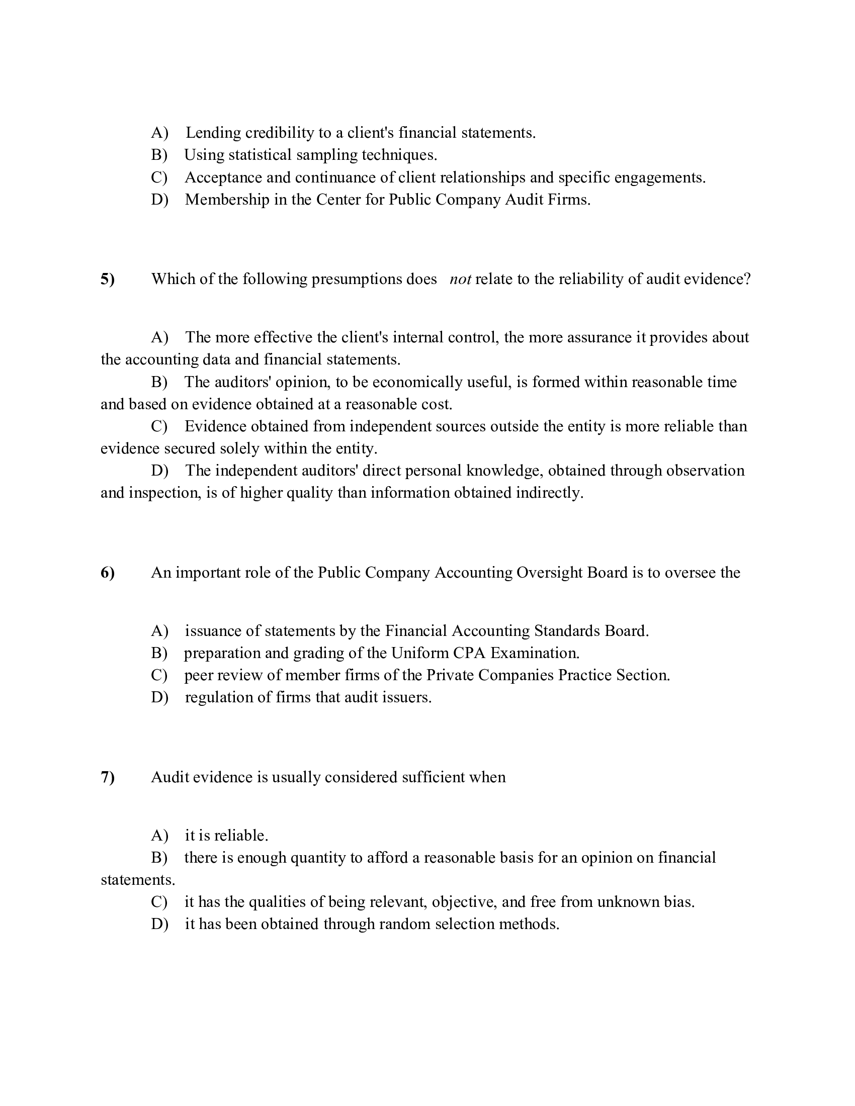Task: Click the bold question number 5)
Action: click(108, 279)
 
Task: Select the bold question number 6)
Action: click(108, 573)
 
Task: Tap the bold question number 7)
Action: click(108, 777)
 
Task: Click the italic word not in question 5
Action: click(460, 279)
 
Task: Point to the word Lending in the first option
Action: click(213, 133)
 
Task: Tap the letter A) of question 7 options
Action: click(159, 836)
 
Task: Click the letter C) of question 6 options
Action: click(159, 676)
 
